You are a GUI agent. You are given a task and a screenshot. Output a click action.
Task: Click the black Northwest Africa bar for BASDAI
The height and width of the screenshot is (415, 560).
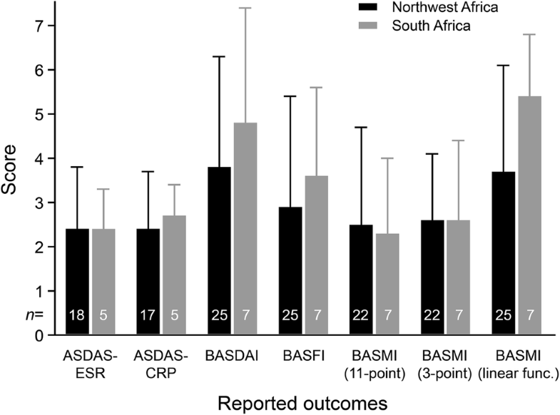coord(216,250)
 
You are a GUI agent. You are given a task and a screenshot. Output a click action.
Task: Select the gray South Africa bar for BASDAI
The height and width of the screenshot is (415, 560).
coord(246,228)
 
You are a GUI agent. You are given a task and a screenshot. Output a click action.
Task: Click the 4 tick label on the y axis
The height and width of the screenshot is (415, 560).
coord(36,158)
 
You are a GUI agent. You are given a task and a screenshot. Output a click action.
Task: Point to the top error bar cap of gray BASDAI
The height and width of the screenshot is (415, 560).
coord(246,8)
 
